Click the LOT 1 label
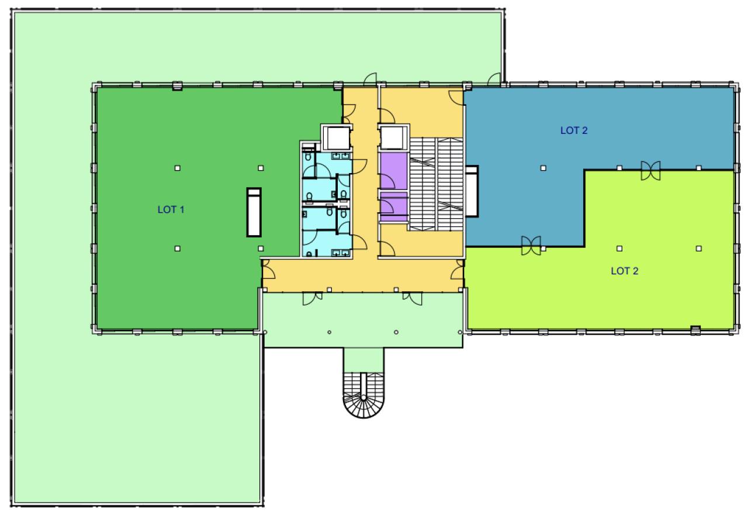pyautogui.click(x=171, y=209)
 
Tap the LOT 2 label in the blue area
pyautogui.click(x=574, y=130)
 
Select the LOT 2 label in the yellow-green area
pyautogui.click(x=625, y=271)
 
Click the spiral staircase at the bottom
pyautogui.click(x=363, y=395)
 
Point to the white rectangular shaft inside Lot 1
pyautogui.click(x=254, y=212)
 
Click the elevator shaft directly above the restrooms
pyautogui.click(x=337, y=137)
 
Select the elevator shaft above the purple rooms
pyautogui.click(x=393, y=137)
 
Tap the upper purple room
pyautogui.click(x=394, y=171)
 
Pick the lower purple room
pyautogui.click(x=394, y=207)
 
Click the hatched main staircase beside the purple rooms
pyautogui.click(x=436, y=184)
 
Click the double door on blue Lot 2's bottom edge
pyautogui.click(x=531, y=246)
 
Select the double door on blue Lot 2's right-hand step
pyautogui.click(x=650, y=171)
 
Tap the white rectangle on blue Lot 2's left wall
pyautogui.click(x=472, y=191)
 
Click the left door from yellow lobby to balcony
pyautogui.click(x=313, y=298)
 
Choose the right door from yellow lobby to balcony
pyautogui.click(x=412, y=298)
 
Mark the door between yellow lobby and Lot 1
pyautogui.click(x=268, y=270)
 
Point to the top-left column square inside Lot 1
pyautogui.click(x=177, y=168)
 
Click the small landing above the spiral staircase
pyautogui.click(x=363, y=360)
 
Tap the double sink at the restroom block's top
pyautogui.click(x=341, y=156)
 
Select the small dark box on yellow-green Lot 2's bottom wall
pyautogui.click(x=695, y=330)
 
